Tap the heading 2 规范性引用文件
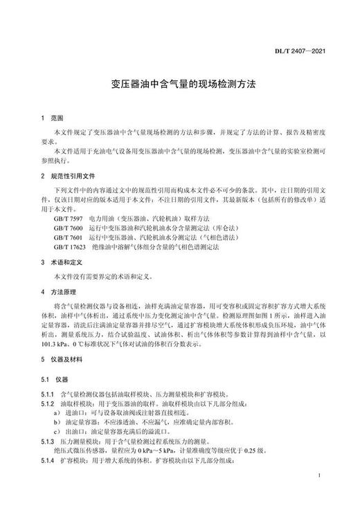coord(71,177)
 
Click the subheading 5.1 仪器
coord(56,379)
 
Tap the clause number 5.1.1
coord(48,393)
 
